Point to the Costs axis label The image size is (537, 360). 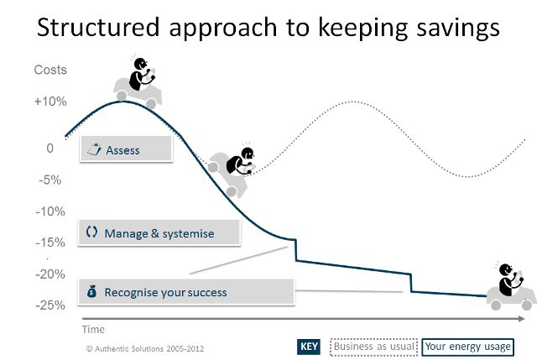(x=50, y=70)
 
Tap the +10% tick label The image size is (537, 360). (x=50, y=102)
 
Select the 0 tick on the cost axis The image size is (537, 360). (x=50, y=148)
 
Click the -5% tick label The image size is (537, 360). (x=50, y=180)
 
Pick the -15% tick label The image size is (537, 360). (x=50, y=243)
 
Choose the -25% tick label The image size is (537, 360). (x=50, y=305)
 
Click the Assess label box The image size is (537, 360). (x=126, y=150)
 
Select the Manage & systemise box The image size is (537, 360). (x=159, y=233)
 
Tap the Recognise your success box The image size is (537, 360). (x=185, y=292)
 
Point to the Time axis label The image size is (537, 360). (x=93, y=330)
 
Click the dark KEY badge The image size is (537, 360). (x=309, y=347)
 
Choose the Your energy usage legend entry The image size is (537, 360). (x=467, y=347)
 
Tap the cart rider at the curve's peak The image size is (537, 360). (x=138, y=82)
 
